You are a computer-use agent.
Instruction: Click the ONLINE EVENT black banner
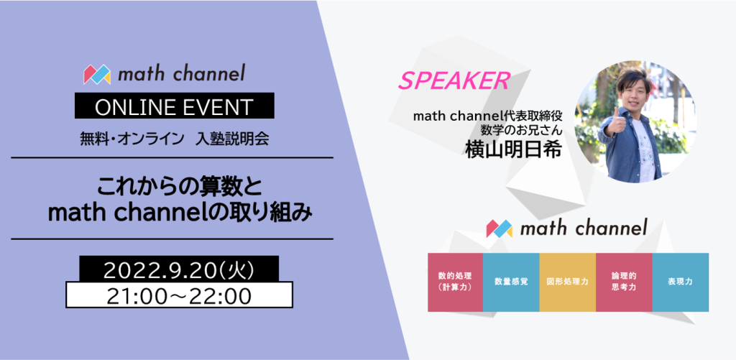(174, 107)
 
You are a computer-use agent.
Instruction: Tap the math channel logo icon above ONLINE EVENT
(97, 74)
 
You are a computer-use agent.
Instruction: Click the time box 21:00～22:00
(179, 295)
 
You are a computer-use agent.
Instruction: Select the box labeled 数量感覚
(511, 282)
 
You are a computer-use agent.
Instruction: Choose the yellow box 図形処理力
(567, 282)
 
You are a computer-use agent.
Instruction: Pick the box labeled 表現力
(680, 282)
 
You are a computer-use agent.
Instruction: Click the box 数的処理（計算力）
(455, 282)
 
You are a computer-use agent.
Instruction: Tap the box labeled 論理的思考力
(623, 282)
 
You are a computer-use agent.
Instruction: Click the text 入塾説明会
(232, 139)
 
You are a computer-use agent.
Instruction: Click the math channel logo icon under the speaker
(500, 229)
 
